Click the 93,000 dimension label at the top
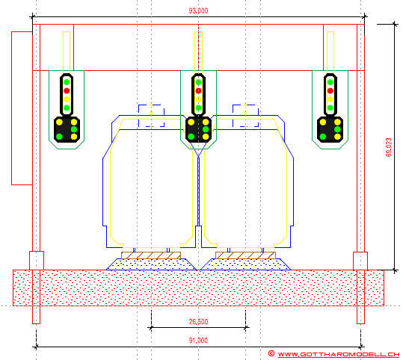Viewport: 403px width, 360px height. [198, 10]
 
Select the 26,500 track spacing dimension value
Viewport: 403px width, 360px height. [198, 321]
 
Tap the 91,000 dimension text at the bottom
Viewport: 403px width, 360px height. [198, 341]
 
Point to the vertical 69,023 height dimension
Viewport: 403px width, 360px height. [389, 147]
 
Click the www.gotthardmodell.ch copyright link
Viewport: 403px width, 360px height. [338, 354]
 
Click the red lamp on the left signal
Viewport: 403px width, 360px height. [67, 90]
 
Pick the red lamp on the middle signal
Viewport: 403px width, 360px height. [198, 90]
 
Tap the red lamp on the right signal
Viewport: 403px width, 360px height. [330, 90]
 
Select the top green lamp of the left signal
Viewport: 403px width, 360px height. [67, 82]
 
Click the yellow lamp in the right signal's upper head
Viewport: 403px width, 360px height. [330, 99]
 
